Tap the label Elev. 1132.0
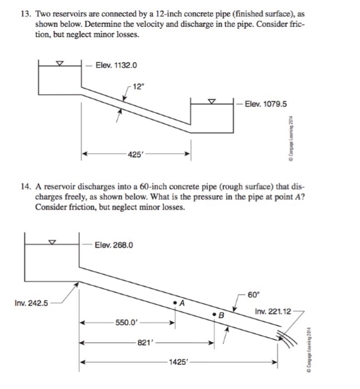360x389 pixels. click(x=116, y=66)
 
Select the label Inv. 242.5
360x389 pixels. click(x=31, y=303)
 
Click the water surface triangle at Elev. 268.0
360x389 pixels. click(x=52, y=242)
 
